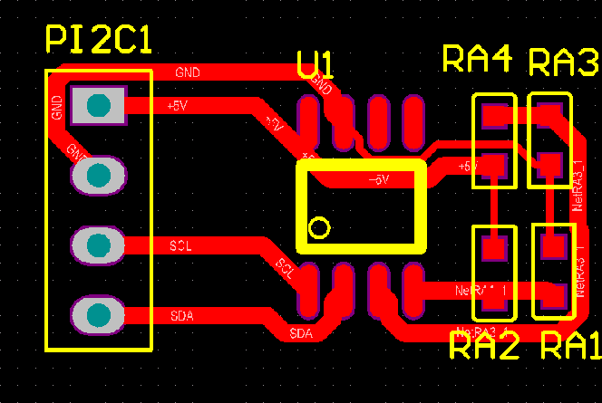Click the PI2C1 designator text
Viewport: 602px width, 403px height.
pyautogui.click(x=100, y=40)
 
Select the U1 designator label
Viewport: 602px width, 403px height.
pyautogui.click(x=316, y=65)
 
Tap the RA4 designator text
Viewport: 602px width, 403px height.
pyautogui.click(x=478, y=59)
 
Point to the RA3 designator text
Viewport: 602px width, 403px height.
pyautogui.click(x=563, y=63)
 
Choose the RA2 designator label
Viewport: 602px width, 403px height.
pyautogui.click(x=484, y=345)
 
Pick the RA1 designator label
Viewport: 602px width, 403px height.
pyautogui.click(x=570, y=345)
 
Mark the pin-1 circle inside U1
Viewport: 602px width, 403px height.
pyautogui.click(x=318, y=227)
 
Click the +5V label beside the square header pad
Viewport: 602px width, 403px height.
pyautogui.click(x=178, y=106)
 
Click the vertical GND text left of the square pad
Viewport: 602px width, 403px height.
pyautogui.click(x=58, y=109)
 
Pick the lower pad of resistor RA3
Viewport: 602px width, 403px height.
pyautogui.click(x=548, y=166)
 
